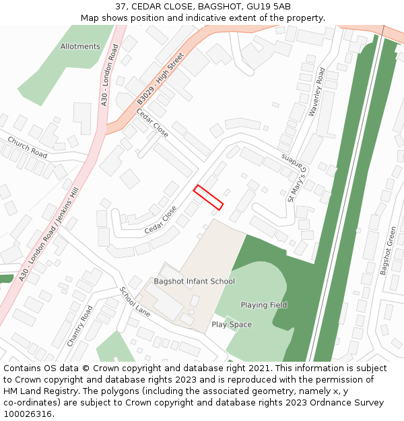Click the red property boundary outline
point(208,197)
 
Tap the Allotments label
point(80,46)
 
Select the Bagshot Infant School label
point(194,282)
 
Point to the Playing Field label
point(264,305)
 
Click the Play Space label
point(232,325)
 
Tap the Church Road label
point(28,147)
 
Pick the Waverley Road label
point(316,92)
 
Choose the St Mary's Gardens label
point(294,179)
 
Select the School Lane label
point(135,302)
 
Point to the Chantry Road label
point(79,326)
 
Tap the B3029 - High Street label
point(160,79)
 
